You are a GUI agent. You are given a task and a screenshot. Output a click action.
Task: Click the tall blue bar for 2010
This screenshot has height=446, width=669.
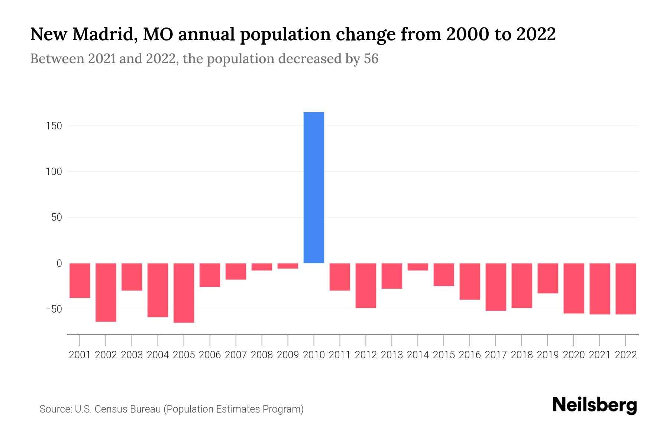[x=314, y=188]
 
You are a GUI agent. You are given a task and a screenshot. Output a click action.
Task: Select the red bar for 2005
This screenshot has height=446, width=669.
[x=184, y=293]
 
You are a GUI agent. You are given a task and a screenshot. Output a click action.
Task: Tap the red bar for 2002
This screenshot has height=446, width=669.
[x=106, y=292]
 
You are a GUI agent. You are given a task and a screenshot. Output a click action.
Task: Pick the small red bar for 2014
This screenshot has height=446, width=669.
[x=418, y=267]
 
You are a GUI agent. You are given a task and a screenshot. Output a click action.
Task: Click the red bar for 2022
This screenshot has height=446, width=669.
[x=626, y=289]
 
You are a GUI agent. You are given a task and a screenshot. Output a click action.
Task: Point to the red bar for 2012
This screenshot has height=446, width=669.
[x=366, y=285]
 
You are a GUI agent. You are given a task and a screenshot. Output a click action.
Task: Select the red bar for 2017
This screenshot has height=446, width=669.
[x=496, y=287]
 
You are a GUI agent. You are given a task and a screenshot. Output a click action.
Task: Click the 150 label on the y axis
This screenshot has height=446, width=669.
[x=54, y=126]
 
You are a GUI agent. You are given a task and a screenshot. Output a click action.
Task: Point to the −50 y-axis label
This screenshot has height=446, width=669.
[x=54, y=309]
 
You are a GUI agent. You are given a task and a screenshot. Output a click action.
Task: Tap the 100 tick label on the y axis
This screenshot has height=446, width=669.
[x=54, y=172]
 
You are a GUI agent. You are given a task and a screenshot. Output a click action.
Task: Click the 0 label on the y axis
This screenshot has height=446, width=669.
[x=59, y=264]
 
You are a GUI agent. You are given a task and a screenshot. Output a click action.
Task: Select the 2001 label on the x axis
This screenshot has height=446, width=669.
[x=80, y=355]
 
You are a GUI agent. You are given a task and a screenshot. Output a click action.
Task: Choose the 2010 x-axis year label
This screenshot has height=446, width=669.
[x=314, y=355]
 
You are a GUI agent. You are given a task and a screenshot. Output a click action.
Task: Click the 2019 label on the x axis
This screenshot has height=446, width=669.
[x=548, y=355]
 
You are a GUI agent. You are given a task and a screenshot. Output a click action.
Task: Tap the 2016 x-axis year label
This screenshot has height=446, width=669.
[x=470, y=355]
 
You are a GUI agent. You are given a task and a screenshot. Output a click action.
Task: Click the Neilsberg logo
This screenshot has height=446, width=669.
[x=595, y=405]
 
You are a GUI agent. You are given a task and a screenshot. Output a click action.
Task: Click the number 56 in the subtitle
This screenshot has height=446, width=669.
[x=371, y=59]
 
